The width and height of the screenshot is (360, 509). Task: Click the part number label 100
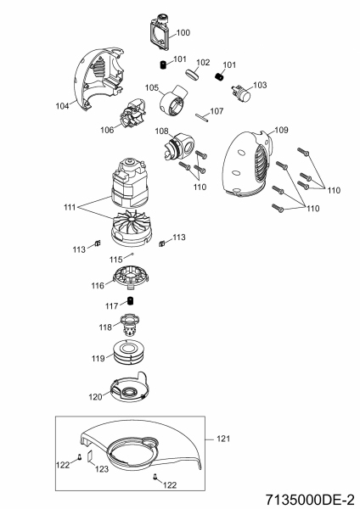[183, 32]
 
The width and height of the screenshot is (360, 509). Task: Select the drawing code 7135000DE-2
[310, 500]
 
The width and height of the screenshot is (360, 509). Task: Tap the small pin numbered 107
[202, 117]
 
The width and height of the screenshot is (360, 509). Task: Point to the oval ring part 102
[193, 73]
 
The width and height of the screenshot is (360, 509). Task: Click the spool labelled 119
[130, 353]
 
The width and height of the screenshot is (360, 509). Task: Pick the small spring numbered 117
[131, 301]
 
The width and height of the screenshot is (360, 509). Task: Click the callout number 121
[223, 439]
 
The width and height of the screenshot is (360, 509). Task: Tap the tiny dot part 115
[132, 255]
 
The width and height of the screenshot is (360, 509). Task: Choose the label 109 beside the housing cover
[281, 130]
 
